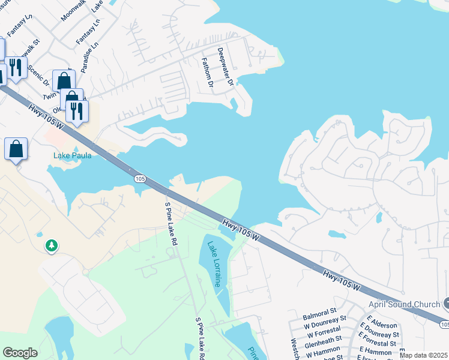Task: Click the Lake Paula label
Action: pyautogui.click(x=72, y=155)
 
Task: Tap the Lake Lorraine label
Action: pyautogui.click(x=214, y=264)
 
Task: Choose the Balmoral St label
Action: pyautogui.click(x=319, y=313)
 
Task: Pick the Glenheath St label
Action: pyautogui.click(x=323, y=346)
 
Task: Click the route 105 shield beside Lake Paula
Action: pyautogui.click(x=139, y=179)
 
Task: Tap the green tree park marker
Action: pyautogui.click(x=52, y=245)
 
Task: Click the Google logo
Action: pyautogui.click(x=20, y=353)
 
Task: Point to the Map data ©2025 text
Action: pyautogui.click(x=423, y=355)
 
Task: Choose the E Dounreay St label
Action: pyautogui.click(x=379, y=334)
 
